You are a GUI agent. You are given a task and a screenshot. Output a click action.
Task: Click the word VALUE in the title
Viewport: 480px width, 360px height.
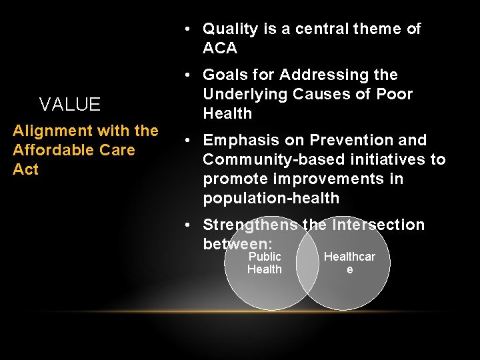[70, 105]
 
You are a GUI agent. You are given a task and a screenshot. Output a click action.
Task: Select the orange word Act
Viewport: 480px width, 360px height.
[25, 169]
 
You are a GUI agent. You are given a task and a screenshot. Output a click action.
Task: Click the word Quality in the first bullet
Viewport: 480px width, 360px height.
[230, 29]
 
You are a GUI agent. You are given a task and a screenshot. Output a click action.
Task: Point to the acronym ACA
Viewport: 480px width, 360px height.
[220, 49]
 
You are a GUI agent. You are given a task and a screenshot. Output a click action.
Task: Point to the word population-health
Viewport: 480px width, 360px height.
[271, 198]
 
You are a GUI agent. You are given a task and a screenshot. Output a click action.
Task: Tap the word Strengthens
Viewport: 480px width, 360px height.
[250, 225]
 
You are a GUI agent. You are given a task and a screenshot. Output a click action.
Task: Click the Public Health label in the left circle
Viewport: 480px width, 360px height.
[265, 263]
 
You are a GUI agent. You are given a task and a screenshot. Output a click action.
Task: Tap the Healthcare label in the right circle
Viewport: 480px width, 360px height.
[349, 263]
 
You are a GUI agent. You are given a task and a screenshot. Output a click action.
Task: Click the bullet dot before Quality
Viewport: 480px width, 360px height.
[189, 29]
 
